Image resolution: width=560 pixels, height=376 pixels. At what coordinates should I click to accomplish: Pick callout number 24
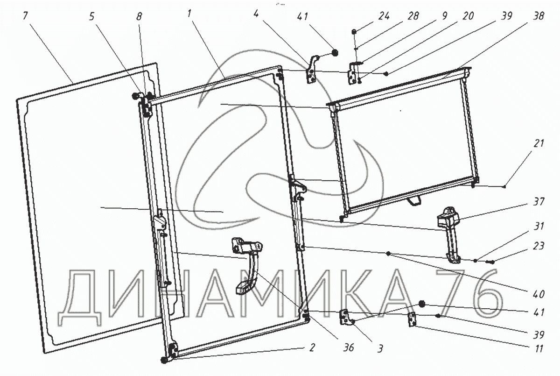tap(383, 15)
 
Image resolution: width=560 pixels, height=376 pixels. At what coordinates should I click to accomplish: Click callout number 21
tap(539, 144)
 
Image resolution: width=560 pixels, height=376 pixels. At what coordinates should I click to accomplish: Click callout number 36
tap(348, 348)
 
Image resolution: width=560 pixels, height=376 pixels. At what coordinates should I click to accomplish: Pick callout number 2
tap(312, 348)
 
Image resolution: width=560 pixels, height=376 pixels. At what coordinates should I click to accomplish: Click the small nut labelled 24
tap(355, 31)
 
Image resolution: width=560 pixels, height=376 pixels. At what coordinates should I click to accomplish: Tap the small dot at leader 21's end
tap(504, 187)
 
